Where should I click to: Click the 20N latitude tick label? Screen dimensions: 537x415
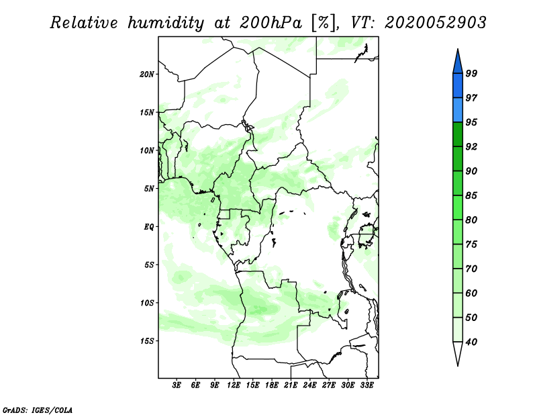tap(147, 74)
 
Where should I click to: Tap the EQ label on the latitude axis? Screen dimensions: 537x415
tap(148, 226)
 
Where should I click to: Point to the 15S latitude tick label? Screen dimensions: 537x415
tap(147, 341)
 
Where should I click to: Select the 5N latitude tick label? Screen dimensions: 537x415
tap(149, 189)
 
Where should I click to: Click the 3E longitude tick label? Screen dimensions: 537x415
tap(177, 385)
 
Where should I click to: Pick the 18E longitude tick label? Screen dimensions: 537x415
tap(272, 385)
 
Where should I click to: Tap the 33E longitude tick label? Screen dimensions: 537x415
tap(367, 385)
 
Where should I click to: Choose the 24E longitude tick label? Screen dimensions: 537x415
tap(309, 385)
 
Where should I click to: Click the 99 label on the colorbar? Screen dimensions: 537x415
tap(471, 73)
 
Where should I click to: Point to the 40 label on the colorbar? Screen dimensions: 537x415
tap(471, 342)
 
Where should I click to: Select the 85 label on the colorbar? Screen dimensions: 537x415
tap(471, 195)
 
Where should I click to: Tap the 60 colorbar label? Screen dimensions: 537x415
tap(471, 293)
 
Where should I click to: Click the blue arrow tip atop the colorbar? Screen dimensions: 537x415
tap(458, 49)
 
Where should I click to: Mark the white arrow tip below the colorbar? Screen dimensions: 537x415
tap(458, 366)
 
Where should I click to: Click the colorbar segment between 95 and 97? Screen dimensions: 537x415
tap(458, 110)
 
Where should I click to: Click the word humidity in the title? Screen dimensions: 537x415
tap(166, 24)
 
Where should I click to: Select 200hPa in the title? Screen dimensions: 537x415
tap(271, 23)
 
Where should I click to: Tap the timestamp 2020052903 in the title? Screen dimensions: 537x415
tap(435, 23)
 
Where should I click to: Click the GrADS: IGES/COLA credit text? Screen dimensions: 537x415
tap(38, 410)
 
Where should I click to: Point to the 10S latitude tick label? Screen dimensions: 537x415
tap(147, 303)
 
